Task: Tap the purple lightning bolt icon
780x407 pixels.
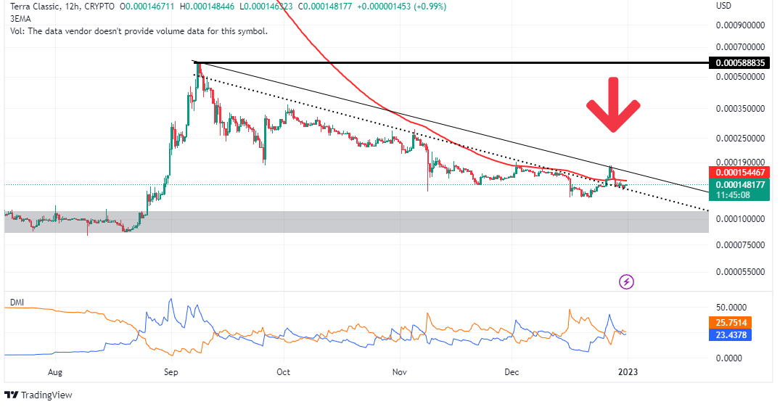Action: tap(626, 281)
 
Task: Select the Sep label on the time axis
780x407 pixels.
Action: tap(171, 372)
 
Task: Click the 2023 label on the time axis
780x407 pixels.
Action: tap(628, 372)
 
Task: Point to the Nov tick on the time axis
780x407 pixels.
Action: tap(398, 372)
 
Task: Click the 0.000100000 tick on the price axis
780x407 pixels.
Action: tap(740, 218)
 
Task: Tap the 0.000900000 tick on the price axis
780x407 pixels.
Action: tap(740, 25)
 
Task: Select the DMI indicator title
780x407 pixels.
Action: tap(15, 301)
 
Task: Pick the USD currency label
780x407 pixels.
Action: tap(724, 7)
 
